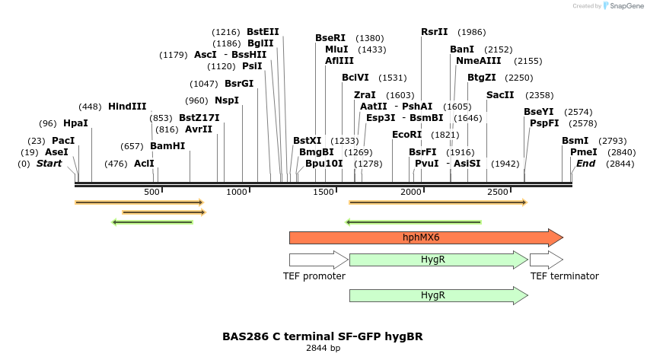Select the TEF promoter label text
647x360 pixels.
(x=314, y=276)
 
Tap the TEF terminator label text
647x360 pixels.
(x=564, y=276)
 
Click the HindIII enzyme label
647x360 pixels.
(x=127, y=107)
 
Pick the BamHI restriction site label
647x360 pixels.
(x=167, y=146)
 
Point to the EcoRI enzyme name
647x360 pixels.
(x=406, y=135)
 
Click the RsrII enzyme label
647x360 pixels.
(x=435, y=32)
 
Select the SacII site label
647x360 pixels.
(x=500, y=95)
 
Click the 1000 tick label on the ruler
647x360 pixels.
(x=238, y=192)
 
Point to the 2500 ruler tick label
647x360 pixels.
(x=498, y=192)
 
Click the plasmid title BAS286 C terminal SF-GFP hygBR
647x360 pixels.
(x=323, y=336)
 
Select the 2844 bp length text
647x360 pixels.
(x=323, y=349)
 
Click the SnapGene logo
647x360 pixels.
(x=622, y=6)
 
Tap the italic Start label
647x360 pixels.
(x=49, y=164)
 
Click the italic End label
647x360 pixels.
(x=585, y=164)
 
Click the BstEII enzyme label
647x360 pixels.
(x=263, y=32)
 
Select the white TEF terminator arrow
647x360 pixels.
(x=546, y=260)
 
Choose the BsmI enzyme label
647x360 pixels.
(x=575, y=141)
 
